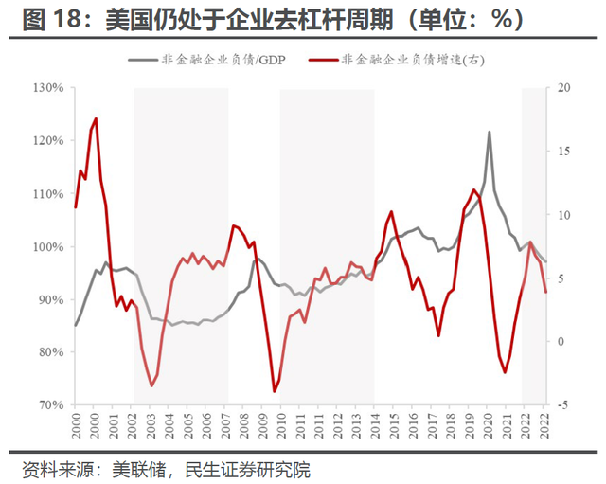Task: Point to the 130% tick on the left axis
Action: [x=46, y=88]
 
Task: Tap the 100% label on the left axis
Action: [x=46, y=247]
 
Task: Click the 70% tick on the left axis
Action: [x=49, y=405]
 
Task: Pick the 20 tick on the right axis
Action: [x=565, y=88]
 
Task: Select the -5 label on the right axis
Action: [x=564, y=405]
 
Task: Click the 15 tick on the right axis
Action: [x=565, y=152]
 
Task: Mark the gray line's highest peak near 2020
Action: [x=490, y=132]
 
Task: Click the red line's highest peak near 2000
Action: [x=96, y=118]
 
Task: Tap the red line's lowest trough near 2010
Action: [x=275, y=391]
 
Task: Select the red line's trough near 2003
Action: [x=151, y=385]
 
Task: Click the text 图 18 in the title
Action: [x=44, y=20]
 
